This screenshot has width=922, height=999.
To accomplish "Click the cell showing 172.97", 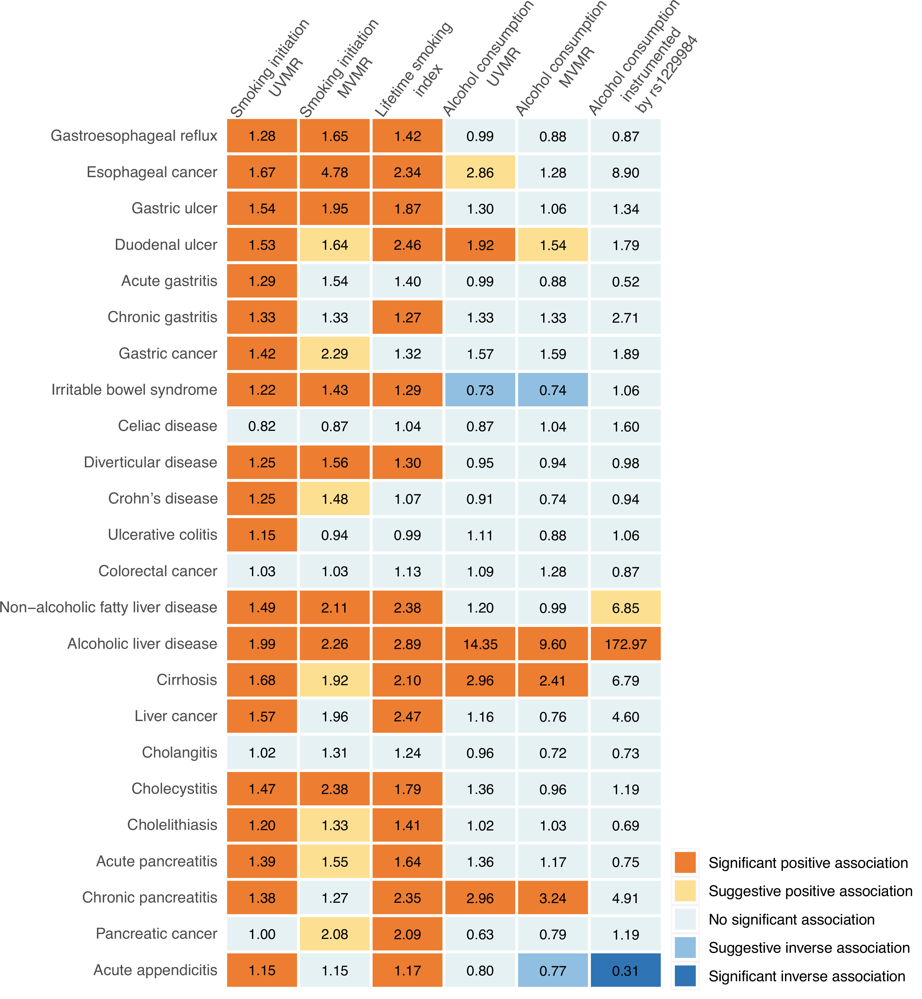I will pyautogui.click(x=625, y=644).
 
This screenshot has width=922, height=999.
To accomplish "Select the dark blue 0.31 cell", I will pyautogui.click(x=625, y=970).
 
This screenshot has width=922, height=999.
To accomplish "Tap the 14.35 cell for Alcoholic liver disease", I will pyautogui.click(x=480, y=644).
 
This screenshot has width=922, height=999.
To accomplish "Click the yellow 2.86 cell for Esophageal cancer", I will pyautogui.click(x=480, y=173).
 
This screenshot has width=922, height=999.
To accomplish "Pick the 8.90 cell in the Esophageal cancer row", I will pyautogui.click(x=625, y=173).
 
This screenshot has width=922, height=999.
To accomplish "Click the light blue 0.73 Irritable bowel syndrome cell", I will pyautogui.click(x=480, y=390).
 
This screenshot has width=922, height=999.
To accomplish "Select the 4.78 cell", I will pyautogui.click(x=334, y=173).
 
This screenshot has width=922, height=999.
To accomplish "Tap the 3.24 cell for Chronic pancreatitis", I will pyautogui.click(x=552, y=898).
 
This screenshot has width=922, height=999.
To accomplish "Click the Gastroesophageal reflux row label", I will pyautogui.click(x=134, y=136).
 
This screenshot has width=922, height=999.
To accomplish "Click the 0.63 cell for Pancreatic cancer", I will pyautogui.click(x=480, y=934).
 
